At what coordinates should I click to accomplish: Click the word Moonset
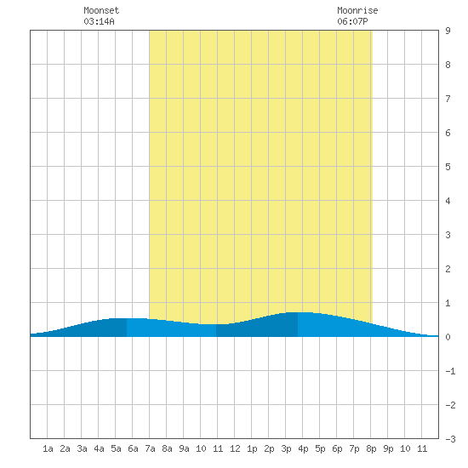[x=101, y=10]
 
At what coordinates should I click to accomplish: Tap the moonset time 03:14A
[x=99, y=21]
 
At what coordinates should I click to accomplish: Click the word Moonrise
[x=357, y=10]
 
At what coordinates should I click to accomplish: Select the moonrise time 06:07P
[x=352, y=21]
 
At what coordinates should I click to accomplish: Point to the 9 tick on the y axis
[x=448, y=31]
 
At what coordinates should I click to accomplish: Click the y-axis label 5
[x=448, y=167]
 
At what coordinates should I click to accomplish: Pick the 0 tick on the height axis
[x=448, y=337]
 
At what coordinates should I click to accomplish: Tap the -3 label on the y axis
[x=450, y=439]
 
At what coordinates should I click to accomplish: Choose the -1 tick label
[x=450, y=371]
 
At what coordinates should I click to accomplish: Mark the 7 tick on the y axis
[x=448, y=99]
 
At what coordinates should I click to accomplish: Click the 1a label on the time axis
[x=48, y=448]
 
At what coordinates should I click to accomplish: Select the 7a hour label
[x=150, y=448]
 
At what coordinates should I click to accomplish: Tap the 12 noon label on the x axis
[x=235, y=448]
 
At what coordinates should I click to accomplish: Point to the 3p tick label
[x=286, y=448]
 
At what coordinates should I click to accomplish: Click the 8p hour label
[x=371, y=448]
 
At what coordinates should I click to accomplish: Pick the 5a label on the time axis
[x=116, y=448]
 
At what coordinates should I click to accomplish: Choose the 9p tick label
[x=388, y=448]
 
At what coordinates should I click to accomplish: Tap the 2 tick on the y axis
[x=448, y=269]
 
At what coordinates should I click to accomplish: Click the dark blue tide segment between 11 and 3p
[x=257, y=327]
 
